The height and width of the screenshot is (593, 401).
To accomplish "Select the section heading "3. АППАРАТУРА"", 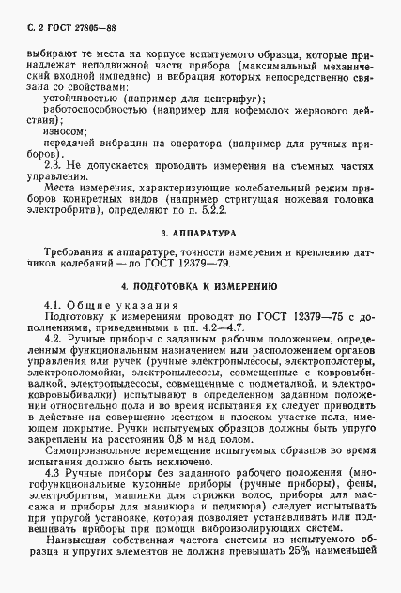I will pyautogui.click(x=200, y=230).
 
